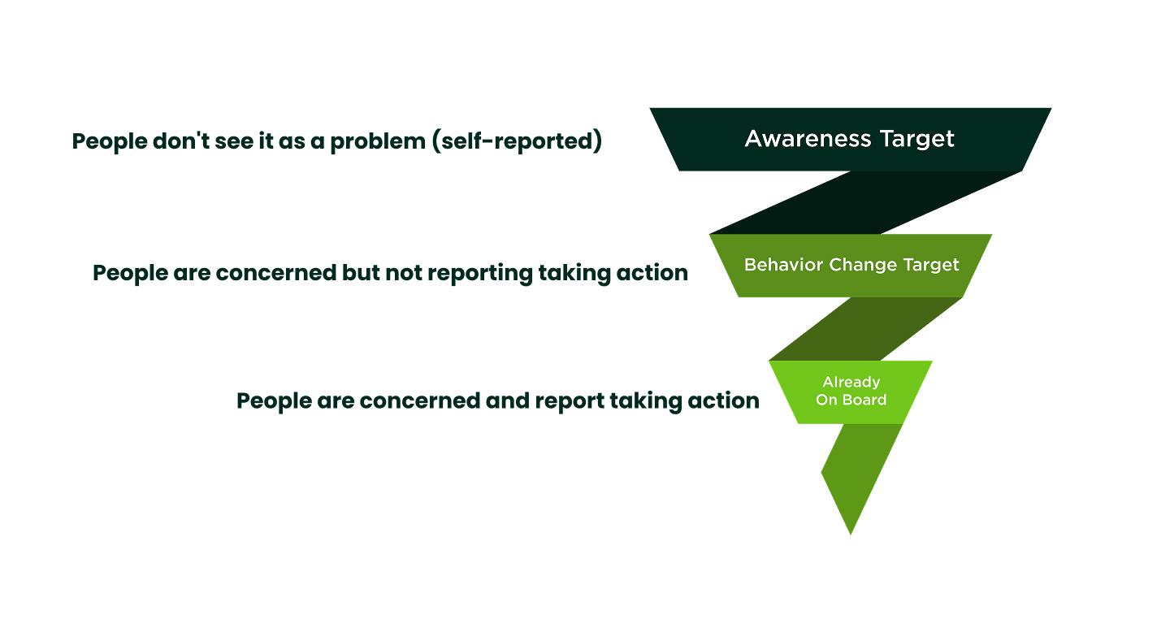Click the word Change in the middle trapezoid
851,265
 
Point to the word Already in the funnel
851,382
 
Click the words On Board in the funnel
851,400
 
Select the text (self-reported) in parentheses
517,141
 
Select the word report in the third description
568,400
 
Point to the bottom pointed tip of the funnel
851,531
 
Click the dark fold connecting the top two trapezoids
865,203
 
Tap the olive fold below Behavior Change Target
865,329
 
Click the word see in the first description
211,141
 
